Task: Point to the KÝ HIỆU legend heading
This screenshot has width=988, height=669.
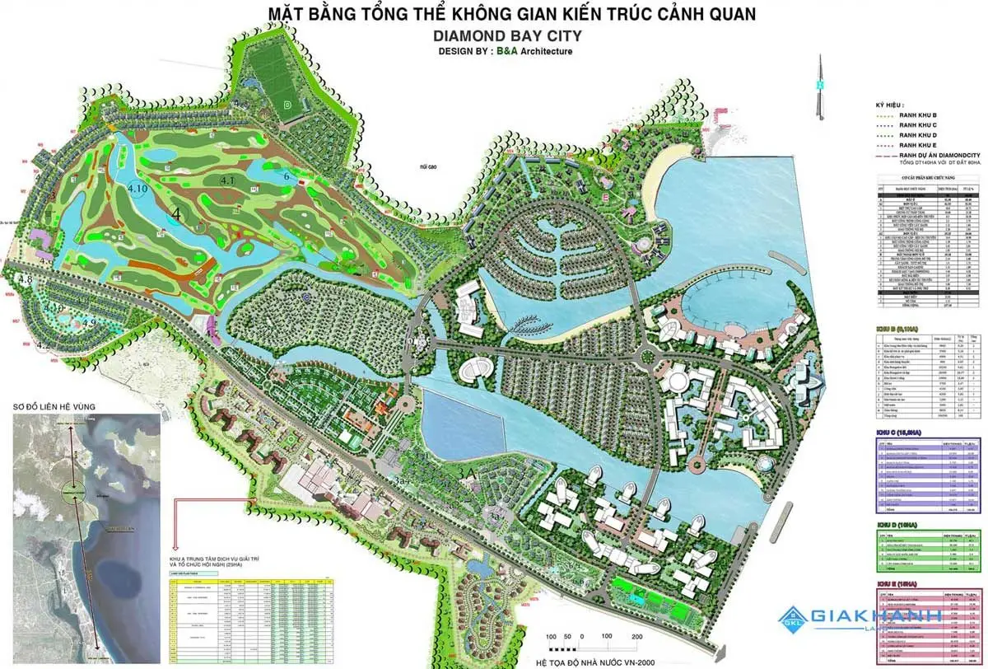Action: coord(891,105)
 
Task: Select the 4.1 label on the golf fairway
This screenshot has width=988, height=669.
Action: coord(228,180)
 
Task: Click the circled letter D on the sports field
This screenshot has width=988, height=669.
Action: coord(287,105)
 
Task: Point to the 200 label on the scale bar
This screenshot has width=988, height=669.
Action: coord(637,637)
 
